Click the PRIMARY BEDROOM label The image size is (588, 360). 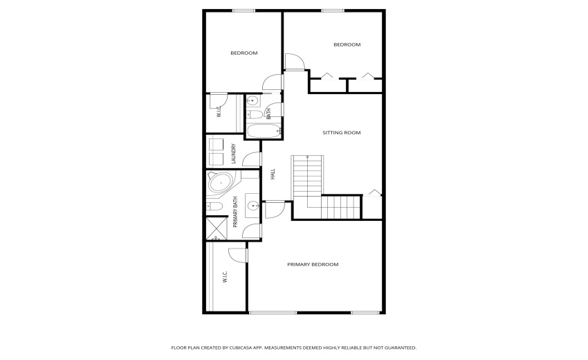(313, 264)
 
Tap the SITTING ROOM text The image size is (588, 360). (341, 132)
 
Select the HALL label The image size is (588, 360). (273, 175)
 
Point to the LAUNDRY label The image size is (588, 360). (235, 153)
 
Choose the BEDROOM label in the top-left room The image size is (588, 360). (244, 53)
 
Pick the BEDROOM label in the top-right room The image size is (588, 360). (347, 45)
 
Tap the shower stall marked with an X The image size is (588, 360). (217, 228)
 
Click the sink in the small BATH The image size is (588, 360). (252, 100)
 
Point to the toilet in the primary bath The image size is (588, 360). (214, 206)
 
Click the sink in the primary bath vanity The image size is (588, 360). (253, 205)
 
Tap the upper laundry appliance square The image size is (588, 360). (215, 144)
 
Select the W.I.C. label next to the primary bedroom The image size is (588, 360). (226, 278)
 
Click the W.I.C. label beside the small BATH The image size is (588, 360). (219, 111)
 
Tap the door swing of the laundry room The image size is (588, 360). (251, 159)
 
